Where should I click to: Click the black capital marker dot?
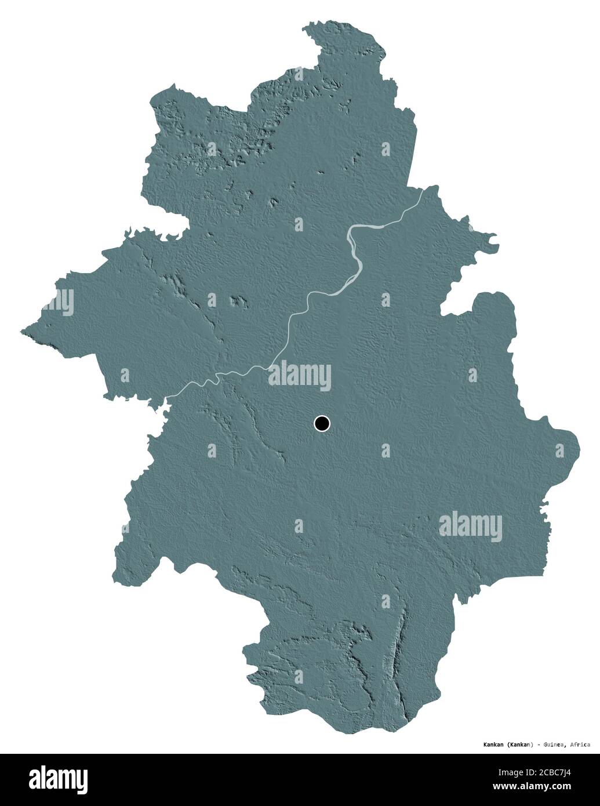pyautogui.click(x=321, y=424)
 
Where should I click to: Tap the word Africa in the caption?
pyautogui.click(x=579, y=744)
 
